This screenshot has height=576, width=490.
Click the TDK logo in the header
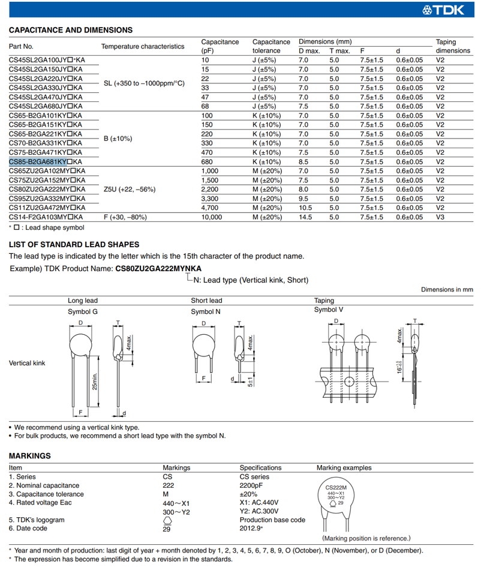click(451, 9)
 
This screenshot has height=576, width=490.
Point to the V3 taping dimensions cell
click(440, 217)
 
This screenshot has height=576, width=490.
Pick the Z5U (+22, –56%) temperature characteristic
click(130, 190)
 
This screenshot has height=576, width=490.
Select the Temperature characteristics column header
click(143, 46)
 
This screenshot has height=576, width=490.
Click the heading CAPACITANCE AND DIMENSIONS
click(71, 30)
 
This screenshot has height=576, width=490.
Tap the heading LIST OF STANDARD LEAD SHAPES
click(74, 244)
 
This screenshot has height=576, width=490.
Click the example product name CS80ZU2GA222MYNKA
click(158, 268)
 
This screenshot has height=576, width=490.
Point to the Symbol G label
click(83, 311)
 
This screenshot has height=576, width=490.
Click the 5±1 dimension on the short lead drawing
click(251, 382)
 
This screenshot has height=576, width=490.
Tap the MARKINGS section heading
click(30, 455)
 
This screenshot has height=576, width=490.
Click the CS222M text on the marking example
click(336, 488)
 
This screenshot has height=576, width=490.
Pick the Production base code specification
click(272, 520)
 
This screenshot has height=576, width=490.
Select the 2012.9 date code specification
click(251, 528)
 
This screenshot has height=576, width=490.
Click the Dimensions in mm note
click(447, 289)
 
